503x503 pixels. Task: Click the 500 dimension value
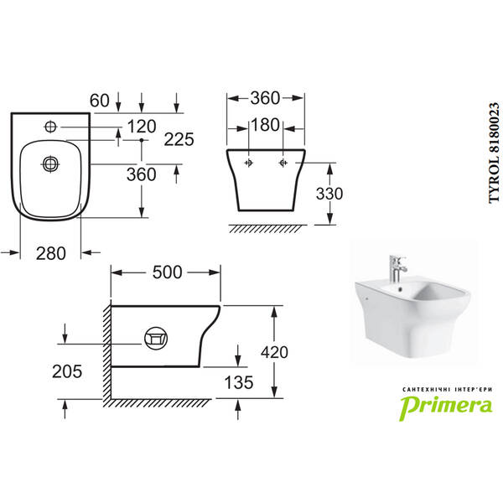[x=167, y=272]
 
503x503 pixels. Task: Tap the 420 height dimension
[x=274, y=352]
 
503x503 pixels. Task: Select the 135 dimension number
[x=239, y=382]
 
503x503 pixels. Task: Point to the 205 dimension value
[x=67, y=371]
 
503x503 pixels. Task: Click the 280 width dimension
[x=50, y=253]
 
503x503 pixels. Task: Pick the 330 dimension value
[x=329, y=194]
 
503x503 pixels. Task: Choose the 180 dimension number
[x=265, y=125]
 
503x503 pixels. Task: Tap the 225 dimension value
[x=179, y=139]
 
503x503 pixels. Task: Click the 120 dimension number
[x=142, y=126]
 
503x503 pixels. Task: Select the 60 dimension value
[x=100, y=101]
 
